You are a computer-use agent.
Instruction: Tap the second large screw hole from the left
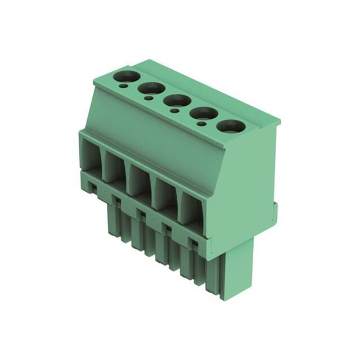point(151,88)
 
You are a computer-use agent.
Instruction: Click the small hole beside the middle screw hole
point(175,111)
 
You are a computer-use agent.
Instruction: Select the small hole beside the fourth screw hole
point(200,124)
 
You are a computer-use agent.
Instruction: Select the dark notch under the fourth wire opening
point(167,227)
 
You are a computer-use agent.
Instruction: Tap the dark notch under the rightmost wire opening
point(193,242)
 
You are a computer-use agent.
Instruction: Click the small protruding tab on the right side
point(275,211)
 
